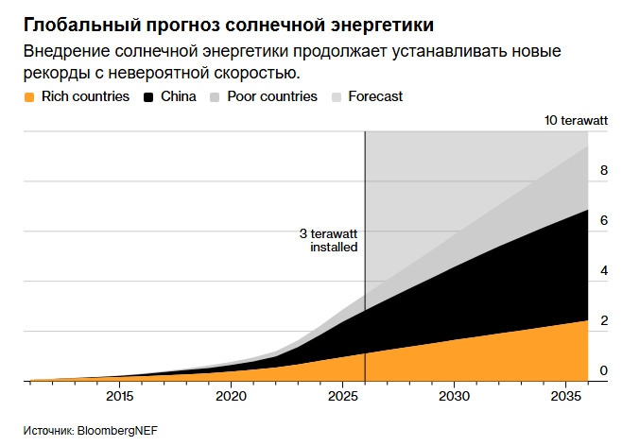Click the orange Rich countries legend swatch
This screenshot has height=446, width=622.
pos(29,97)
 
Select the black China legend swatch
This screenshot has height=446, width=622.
pos(148,97)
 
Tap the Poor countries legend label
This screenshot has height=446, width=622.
pos(272,96)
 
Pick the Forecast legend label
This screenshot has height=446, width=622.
pos(375,96)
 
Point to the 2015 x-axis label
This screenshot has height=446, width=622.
pos(120,396)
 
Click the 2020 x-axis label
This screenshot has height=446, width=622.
pos(231,396)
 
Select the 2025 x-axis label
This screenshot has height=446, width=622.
pos(343,396)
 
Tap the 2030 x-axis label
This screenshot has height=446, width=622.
pos(454,396)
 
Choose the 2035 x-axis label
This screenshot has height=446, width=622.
pos(566,396)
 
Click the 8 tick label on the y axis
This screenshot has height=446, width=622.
pos(604,170)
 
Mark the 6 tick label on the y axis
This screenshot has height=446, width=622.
pos(604,220)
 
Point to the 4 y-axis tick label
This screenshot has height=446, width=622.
pos(604,271)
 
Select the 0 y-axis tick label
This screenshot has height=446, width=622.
pos(604,370)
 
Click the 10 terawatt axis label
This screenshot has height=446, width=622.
pos(576,120)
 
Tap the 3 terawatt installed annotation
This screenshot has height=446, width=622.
pos(328,240)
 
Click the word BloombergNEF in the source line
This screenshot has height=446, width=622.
pos(117,431)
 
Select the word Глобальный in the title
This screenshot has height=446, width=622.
pos(82,25)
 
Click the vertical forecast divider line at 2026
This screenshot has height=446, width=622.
pos(365,256)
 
